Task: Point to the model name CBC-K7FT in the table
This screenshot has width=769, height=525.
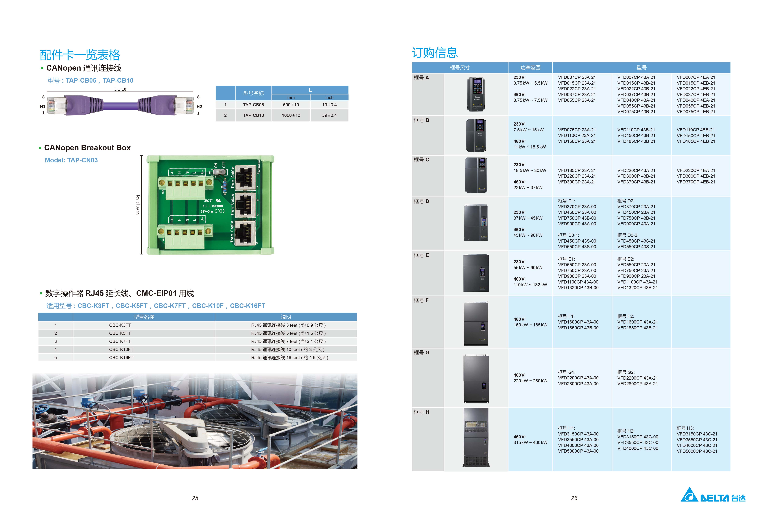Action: (x=120, y=341)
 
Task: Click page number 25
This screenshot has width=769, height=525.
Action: (x=195, y=498)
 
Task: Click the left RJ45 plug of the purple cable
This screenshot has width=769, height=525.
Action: (x=55, y=105)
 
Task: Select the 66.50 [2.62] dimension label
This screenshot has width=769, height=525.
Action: (x=138, y=205)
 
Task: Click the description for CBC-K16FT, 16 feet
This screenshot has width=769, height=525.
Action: (x=289, y=357)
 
